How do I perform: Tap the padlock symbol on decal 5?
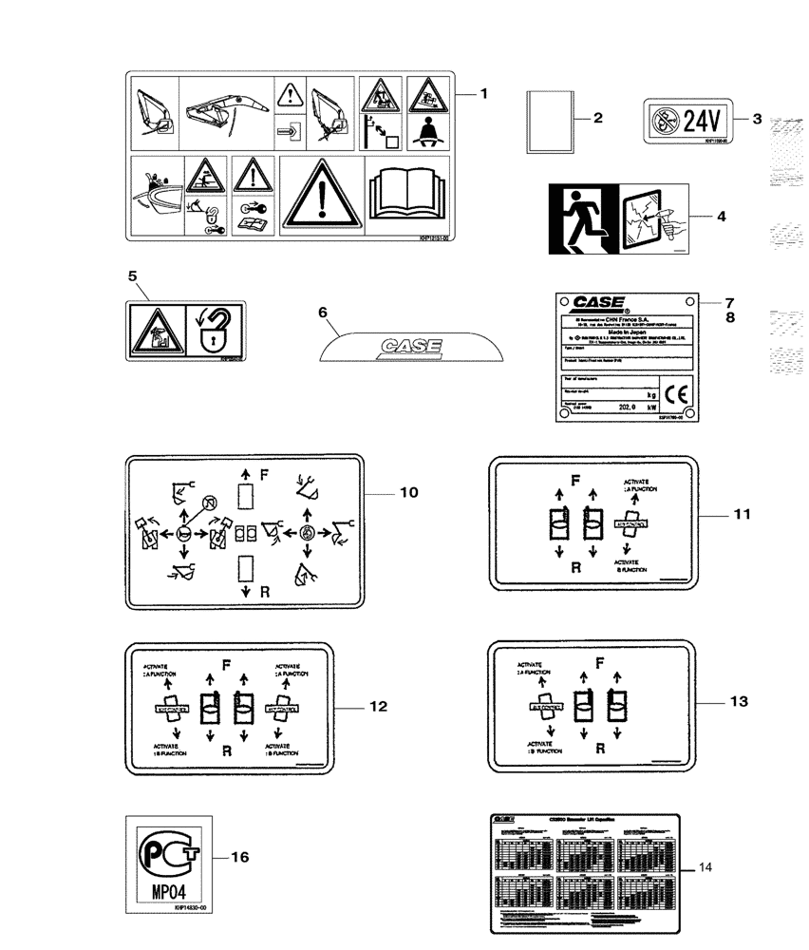pos(216,329)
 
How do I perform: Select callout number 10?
pos(408,493)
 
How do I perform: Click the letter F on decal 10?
pos(263,472)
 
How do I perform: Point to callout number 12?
pos(378,707)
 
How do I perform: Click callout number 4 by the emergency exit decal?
pos(721,217)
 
